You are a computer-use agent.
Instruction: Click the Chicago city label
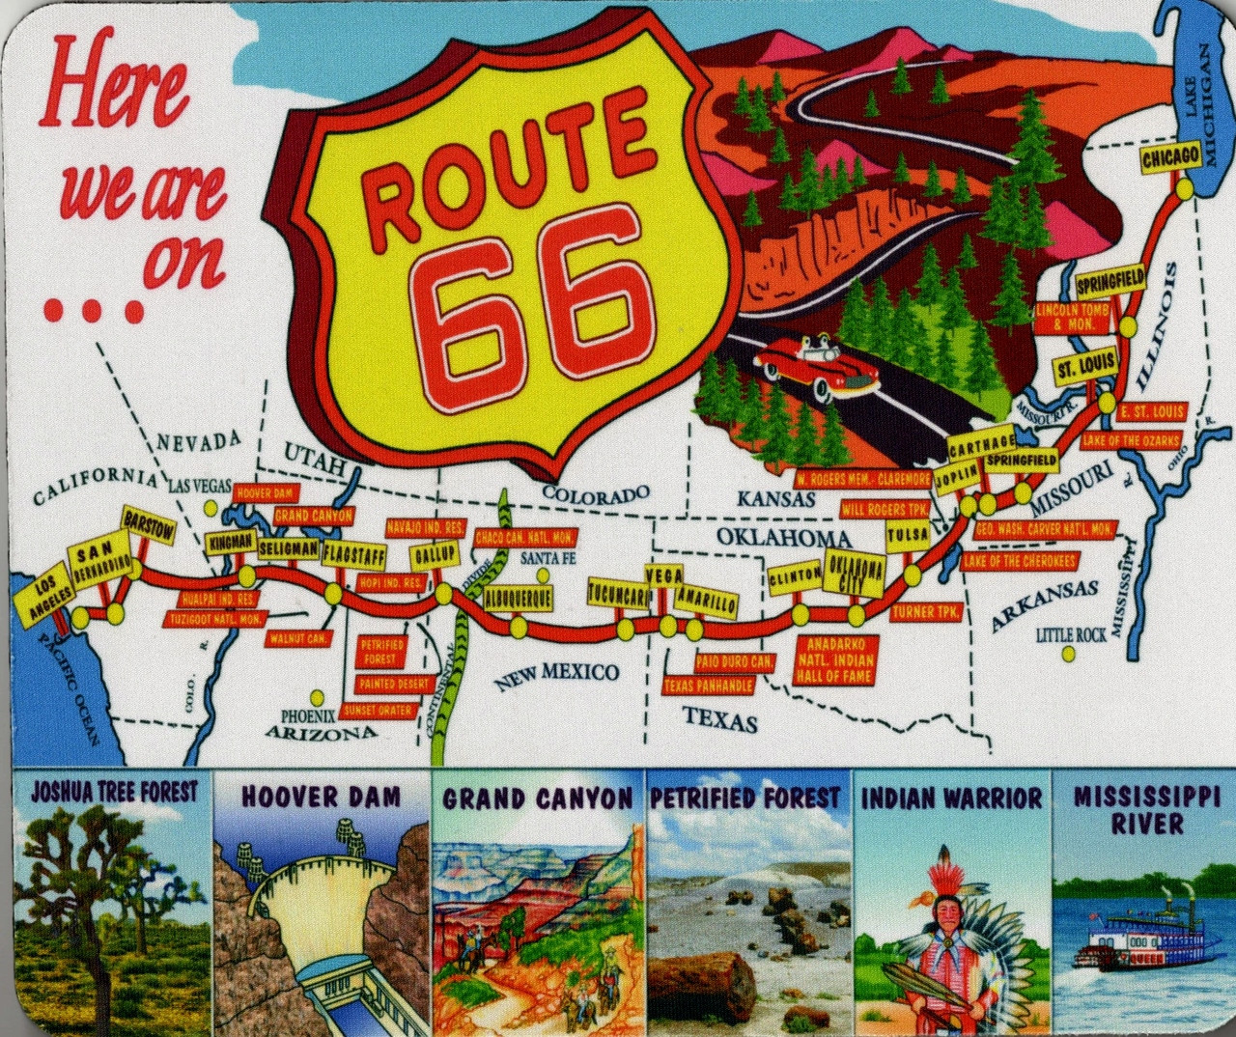pos(1170,158)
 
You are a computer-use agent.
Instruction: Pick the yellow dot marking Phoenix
pos(316,696)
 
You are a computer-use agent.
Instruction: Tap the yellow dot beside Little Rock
pos(1068,654)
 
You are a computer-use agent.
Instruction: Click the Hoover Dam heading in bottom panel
pos(320,797)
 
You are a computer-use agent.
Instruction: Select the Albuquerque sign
pos(518,598)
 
